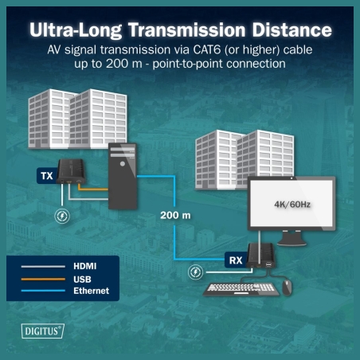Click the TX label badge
pos(47,175)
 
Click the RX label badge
pos(236,260)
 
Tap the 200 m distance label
pos(175,215)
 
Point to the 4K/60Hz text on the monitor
pos(292,205)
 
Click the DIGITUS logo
pos(42,331)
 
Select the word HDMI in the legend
pos(85,266)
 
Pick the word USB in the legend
pos(82,279)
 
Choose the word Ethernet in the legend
pos(92,291)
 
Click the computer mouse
pos(287,287)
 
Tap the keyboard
pos(241,289)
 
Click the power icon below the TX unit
pos(62,216)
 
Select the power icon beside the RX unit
pos(195,272)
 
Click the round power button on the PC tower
pos(123,164)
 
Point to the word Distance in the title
pos(292,29)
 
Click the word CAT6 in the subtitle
pos(207,49)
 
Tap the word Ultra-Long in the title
pos(76,29)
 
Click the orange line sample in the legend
pos(43,279)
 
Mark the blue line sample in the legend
pos(43,291)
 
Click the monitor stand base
pos(292,241)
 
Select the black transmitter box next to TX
pos(72,171)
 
